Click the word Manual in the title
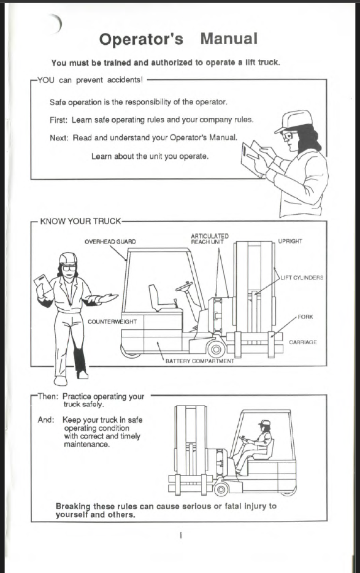[x=229, y=39]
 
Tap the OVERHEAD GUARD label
[x=110, y=242]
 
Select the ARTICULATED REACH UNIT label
[x=209, y=239]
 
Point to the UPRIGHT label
[x=290, y=241]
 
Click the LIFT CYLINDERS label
[x=302, y=278]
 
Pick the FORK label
[x=305, y=317]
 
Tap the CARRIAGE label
[x=303, y=342]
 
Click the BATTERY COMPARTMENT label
[x=199, y=361]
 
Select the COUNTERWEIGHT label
[x=112, y=322]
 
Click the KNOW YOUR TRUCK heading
[x=80, y=221]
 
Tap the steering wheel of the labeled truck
[x=184, y=286]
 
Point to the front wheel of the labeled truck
[x=216, y=349]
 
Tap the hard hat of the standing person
[x=68, y=258]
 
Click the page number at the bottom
[x=180, y=536]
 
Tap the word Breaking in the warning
[x=73, y=507]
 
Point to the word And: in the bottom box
[x=45, y=420]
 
